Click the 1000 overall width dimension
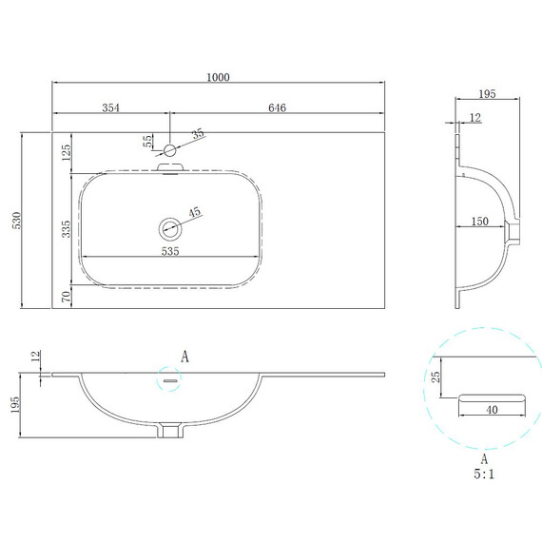[218, 77]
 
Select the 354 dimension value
[110, 107]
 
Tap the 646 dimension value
[278, 107]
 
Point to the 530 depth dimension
[16, 221]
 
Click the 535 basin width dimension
[170, 251]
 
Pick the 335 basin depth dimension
[66, 229]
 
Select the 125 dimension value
[66, 152]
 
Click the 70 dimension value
[66, 297]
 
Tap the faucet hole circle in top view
[169, 150]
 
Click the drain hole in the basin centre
[170, 228]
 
